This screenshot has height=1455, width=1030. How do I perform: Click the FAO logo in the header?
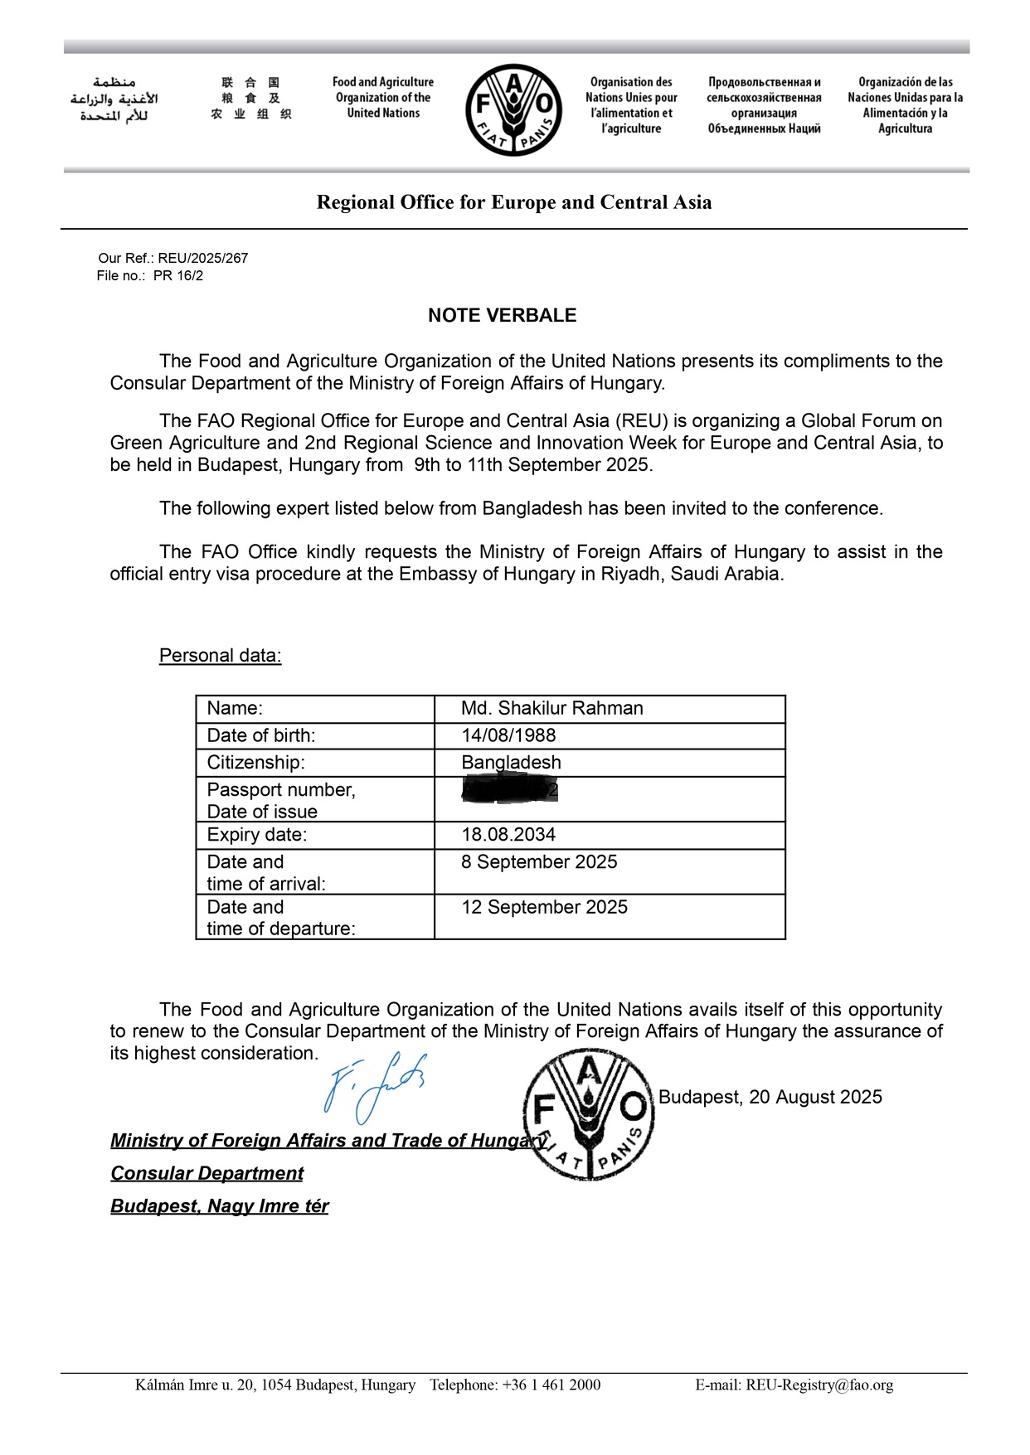pyautogui.click(x=513, y=109)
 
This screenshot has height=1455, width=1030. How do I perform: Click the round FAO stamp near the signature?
pyautogui.click(x=589, y=1115)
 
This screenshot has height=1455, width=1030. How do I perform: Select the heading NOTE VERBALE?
pyautogui.click(x=502, y=315)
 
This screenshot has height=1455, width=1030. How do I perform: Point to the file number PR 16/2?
pyautogui.click(x=178, y=276)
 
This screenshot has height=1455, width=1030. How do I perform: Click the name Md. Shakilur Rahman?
pyautogui.click(x=552, y=708)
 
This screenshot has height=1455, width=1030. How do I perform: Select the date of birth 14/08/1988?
pyautogui.click(x=508, y=735)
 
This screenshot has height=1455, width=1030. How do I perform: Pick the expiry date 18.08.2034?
pyautogui.click(x=508, y=835)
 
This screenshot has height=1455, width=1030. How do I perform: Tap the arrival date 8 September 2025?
pyautogui.click(x=539, y=862)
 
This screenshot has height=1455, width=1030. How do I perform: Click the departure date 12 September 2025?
pyautogui.click(x=544, y=907)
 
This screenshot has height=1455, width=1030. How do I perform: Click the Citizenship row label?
pyautogui.click(x=256, y=763)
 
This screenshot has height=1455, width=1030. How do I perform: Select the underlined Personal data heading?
pyautogui.click(x=221, y=656)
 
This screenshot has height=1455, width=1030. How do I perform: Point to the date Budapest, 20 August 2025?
pyautogui.click(x=770, y=1097)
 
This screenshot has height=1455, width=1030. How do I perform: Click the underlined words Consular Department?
pyautogui.click(x=207, y=1173)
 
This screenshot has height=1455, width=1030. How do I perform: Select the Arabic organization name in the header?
pyautogui.click(x=114, y=99)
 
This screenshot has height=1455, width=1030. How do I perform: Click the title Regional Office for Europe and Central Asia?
pyautogui.click(x=514, y=202)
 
